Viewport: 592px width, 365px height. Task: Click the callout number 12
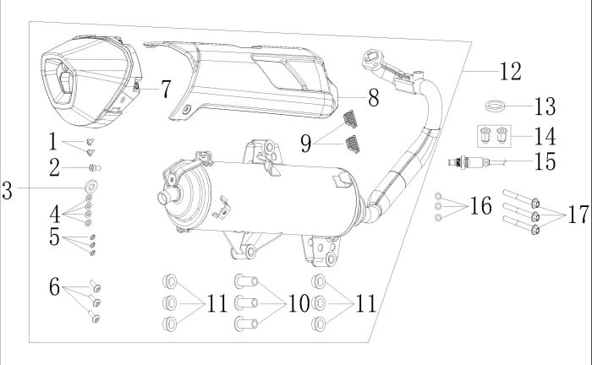point(511,71)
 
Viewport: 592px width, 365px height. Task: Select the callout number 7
point(165,87)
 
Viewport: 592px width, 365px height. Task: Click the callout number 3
point(8,189)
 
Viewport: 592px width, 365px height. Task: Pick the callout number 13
point(545,107)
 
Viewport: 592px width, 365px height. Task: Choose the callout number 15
point(545,161)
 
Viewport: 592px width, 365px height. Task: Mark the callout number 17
point(577,214)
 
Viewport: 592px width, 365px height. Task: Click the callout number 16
point(480,206)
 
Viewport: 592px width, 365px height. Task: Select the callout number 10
point(298,302)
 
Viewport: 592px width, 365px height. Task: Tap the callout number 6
point(54,288)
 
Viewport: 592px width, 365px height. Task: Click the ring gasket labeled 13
point(497,106)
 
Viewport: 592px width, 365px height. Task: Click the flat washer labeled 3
point(90,184)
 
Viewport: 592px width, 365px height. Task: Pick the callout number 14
point(545,134)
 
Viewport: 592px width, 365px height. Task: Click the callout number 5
point(54,239)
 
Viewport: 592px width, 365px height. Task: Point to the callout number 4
point(54,212)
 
